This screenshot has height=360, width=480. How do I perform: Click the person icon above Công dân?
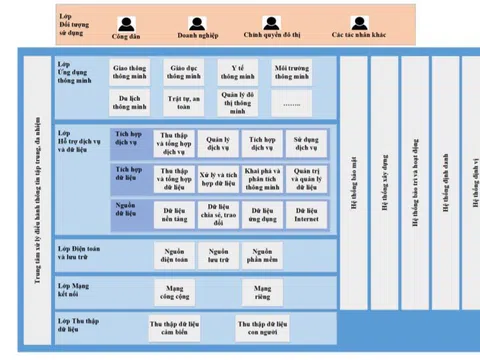[125, 23]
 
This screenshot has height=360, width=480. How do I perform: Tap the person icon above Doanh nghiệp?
[198, 23]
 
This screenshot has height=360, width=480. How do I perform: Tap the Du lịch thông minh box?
[130, 101]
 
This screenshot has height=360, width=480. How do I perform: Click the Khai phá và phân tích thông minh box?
[262, 179]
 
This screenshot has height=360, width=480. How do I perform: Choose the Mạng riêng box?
[262, 291]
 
